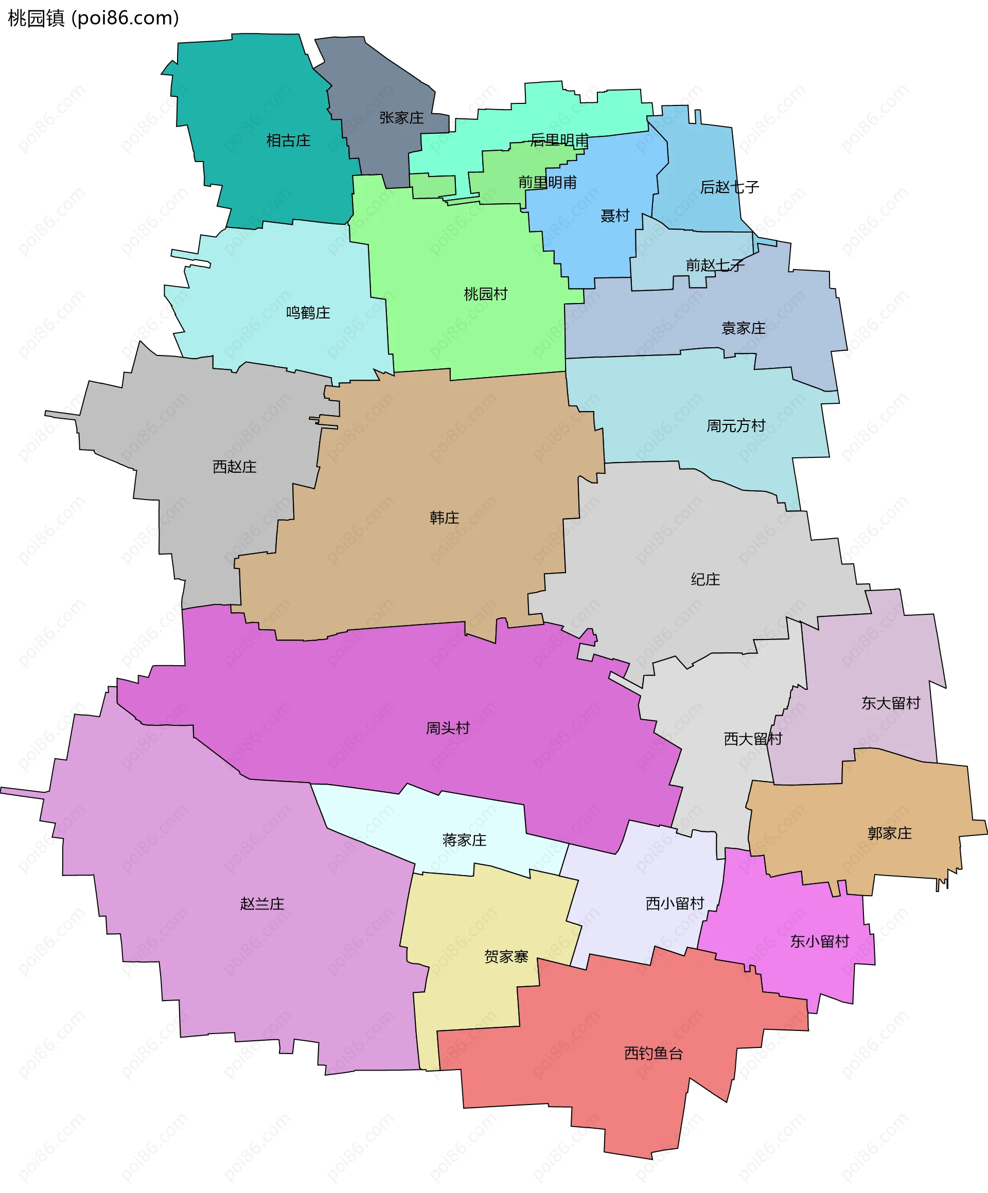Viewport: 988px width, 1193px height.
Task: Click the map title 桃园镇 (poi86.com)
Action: pyautogui.click(x=94, y=18)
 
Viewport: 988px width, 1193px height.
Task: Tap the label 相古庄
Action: pyautogui.click(x=288, y=140)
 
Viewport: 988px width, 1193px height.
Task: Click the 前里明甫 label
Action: pyautogui.click(x=547, y=182)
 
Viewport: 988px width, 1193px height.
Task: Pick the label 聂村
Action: pyautogui.click(x=615, y=216)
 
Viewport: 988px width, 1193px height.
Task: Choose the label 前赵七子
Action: pyautogui.click(x=714, y=265)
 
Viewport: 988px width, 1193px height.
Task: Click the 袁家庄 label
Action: pyautogui.click(x=743, y=328)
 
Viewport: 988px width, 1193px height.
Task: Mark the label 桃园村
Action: pyautogui.click(x=485, y=294)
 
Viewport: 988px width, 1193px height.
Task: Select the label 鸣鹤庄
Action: pyautogui.click(x=308, y=312)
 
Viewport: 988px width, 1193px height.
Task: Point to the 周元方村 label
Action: pyautogui.click(x=736, y=425)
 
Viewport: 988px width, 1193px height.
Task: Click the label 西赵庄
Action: pyautogui.click(x=235, y=467)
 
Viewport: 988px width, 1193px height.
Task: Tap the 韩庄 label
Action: pyautogui.click(x=444, y=518)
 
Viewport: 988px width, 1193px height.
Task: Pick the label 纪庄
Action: pyautogui.click(x=705, y=579)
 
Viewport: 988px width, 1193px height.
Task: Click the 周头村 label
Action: pyautogui.click(x=448, y=728)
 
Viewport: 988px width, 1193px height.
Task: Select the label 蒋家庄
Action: pyautogui.click(x=464, y=840)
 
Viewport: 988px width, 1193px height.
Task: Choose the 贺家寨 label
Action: pyautogui.click(x=506, y=957)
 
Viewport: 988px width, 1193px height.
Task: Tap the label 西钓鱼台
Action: pyautogui.click(x=654, y=1053)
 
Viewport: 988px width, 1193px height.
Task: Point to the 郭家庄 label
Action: pyautogui.click(x=889, y=833)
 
